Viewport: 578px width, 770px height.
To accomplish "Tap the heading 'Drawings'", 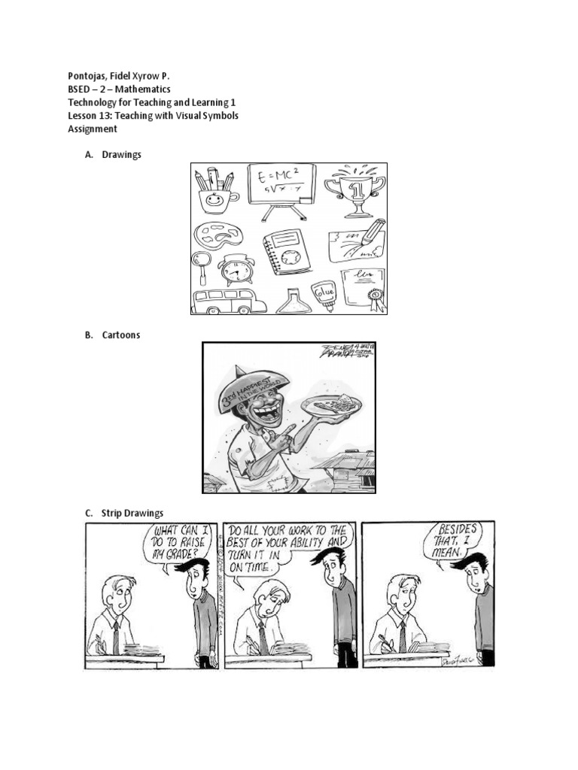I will pyautogui.click(x=121, y=155).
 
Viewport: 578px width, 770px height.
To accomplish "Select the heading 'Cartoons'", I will pyautogui.click(x=121, y=335).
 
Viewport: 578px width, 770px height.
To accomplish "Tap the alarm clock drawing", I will pyautogui.click(x=236, y=271).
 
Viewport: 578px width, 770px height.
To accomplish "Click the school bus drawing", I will pyautogui.click(x=229, y=301).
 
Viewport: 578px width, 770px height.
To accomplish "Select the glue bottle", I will pyautogui.click(x=324, y=293).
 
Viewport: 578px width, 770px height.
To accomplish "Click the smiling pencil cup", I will pyautogui.click(x=215, y=192).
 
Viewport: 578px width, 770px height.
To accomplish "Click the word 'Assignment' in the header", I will pyautogui.click(x=93, y=129).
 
